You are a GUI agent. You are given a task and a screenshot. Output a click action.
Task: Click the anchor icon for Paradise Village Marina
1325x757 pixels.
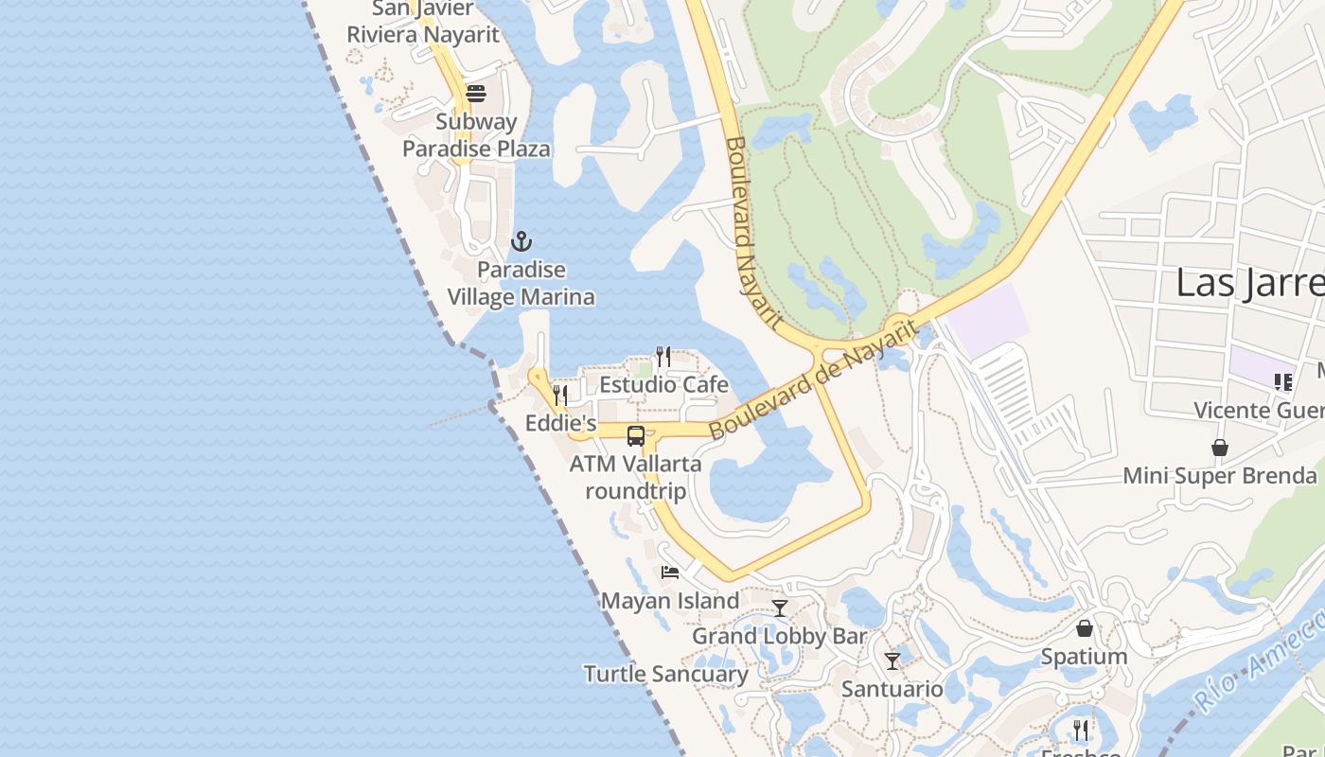[x=521, y=241]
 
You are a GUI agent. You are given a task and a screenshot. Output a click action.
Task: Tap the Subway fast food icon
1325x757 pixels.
[x=475, y=93]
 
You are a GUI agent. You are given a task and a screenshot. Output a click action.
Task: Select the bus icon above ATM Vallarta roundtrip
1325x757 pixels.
[x=636, y=436]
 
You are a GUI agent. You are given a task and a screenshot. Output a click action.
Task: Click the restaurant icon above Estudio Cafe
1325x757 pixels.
[x=663, y=357]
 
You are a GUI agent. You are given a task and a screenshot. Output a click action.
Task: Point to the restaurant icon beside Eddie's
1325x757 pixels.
[x=560, y=395]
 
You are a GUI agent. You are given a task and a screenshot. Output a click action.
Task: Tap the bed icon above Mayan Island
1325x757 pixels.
[x=670, y=572]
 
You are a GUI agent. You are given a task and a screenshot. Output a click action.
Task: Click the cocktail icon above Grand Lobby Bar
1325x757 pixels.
[x=779, y=607]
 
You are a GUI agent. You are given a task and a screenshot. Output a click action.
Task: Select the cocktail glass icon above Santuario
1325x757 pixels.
[x=892, y=660]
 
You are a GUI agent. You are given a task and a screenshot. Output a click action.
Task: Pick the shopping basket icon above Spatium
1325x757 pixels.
[x=1085, y=628]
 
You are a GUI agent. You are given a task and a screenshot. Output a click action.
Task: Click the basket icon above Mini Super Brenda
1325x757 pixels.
[x=1220, y=448]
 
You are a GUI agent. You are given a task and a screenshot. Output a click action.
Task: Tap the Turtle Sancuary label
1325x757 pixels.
[x=665, y=674]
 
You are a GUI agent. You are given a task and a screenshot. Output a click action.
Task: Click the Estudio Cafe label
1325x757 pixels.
[x=663, y=384]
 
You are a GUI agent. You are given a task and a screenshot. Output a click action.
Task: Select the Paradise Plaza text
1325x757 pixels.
[x=476, y=149]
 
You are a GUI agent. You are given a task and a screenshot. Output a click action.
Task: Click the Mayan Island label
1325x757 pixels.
[x=670, y=601]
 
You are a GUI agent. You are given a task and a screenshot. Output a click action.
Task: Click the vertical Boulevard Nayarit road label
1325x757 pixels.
[x=753, y=233]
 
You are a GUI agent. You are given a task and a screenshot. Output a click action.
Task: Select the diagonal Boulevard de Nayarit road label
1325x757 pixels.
[x=813, y=378]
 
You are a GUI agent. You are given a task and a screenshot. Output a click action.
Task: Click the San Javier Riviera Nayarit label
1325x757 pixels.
[x=422, y=23]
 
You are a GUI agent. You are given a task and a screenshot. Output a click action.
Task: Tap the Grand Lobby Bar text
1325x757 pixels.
[x=779, y=636]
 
